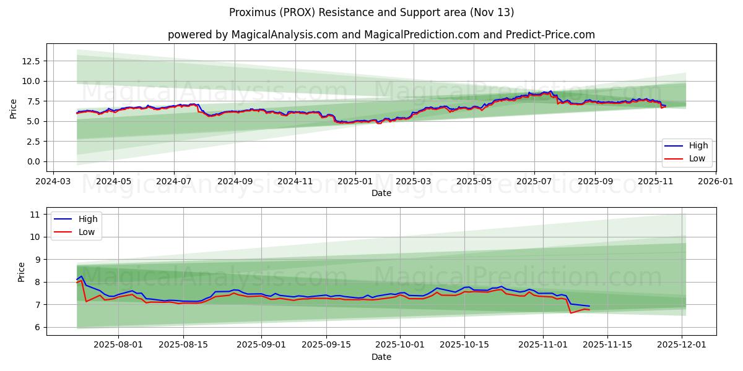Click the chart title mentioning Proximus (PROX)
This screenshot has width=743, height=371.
point(371,12)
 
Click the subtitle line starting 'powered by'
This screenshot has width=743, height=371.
point(381,35)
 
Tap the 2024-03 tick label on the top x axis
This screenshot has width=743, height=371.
point(53,182)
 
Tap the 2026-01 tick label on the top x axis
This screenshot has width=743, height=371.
point(716,182)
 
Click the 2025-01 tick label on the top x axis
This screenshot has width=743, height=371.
point(355,182)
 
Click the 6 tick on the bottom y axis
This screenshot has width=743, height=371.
point(37,327)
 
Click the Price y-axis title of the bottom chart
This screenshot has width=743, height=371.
point(22,271)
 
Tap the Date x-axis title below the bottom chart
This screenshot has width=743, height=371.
point(381,357)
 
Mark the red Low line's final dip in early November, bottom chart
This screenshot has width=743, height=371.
point(571,313)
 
